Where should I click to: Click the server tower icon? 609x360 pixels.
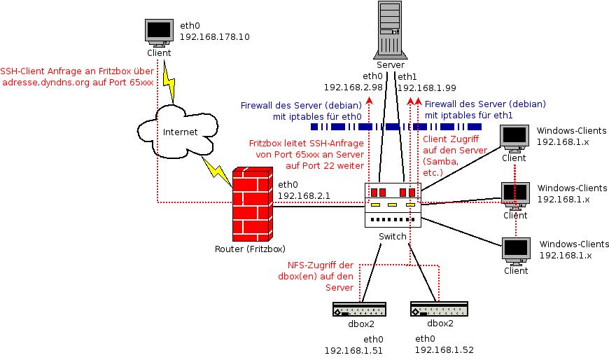pyautogui.click(x=391, y=29)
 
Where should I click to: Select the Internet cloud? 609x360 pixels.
pyautogui.click(x=179, y=131)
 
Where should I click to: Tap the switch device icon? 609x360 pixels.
pyautogui.click(x=393, y=204)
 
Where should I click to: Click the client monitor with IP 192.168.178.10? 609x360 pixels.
pyautogui.click(x=158, y=32)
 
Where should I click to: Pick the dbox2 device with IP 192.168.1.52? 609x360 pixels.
pyautogui.click(x=440, y=309)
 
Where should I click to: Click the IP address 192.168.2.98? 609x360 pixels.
pyautogui.click(x=353, y=88)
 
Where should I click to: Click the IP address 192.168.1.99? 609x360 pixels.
pyautogui.click(x=426, y=88)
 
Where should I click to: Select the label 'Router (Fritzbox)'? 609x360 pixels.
pyautogui.click(x=250, y=249)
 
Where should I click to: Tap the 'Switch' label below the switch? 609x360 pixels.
pyautogui.click(x=392, y=237)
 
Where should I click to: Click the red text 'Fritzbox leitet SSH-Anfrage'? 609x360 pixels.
pyautogui.click(x=307, y=143)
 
